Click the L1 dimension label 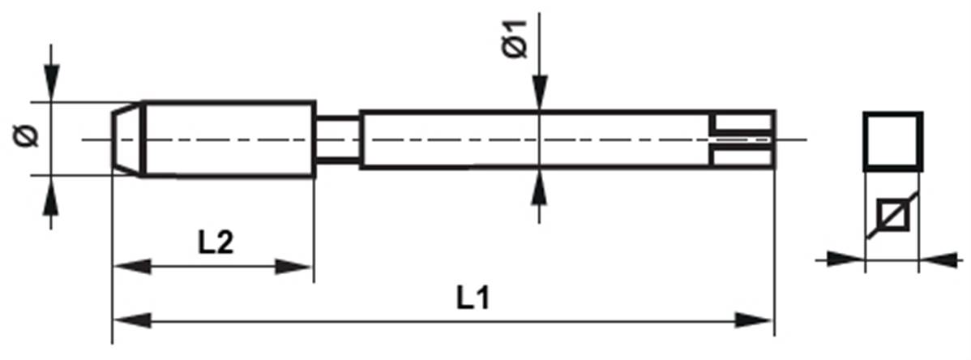[x=473, y=299]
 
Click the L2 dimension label [x=216, y=243]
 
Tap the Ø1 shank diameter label [x=515, y=39]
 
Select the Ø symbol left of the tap [x=26, y=135]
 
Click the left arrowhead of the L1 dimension [x=132, y=321]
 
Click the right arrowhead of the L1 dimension [x=754, y=321]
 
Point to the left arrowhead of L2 [x=132, y=267]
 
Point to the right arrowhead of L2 [x=293, y=267]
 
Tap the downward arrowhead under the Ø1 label [x=539, y=93]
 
